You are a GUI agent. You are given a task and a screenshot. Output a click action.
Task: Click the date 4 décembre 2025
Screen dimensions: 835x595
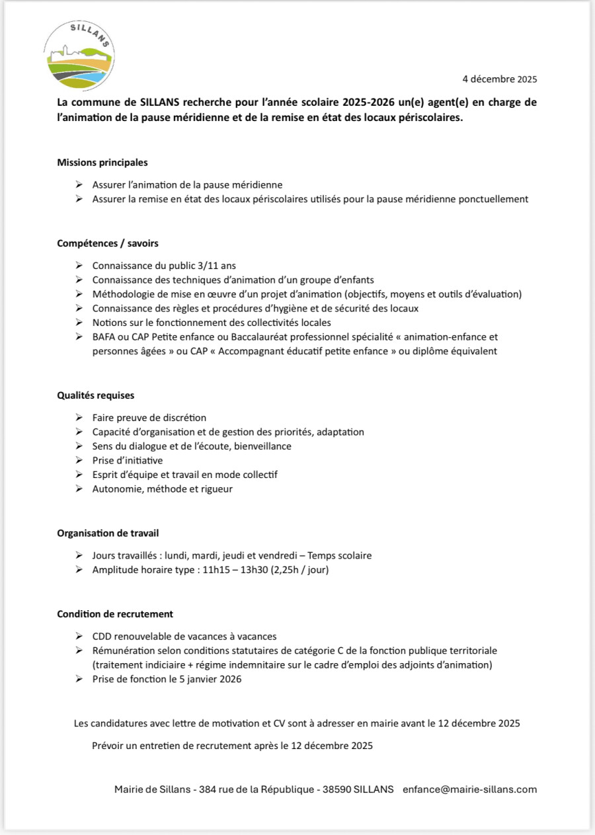499,79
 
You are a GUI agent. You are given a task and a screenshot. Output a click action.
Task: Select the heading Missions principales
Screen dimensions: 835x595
102,162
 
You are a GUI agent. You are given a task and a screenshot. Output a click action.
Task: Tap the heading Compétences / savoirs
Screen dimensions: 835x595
108,243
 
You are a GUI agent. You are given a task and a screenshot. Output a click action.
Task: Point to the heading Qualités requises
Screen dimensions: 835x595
96,395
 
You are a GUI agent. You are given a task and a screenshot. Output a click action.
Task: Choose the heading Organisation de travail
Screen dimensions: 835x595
108,533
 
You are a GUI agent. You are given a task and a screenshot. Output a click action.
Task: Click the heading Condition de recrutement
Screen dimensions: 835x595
115,614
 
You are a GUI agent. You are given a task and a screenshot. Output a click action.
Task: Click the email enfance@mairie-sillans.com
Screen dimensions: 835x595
469,789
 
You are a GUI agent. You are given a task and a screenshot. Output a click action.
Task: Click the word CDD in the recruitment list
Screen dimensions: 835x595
102,636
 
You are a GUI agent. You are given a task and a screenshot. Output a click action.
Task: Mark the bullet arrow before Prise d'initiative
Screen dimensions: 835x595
79,460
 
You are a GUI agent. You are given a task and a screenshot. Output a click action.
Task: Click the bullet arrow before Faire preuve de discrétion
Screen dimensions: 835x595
79,418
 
